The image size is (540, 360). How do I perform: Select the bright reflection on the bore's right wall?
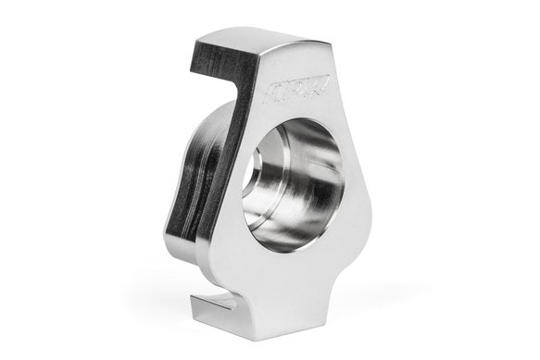coord(324,185)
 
